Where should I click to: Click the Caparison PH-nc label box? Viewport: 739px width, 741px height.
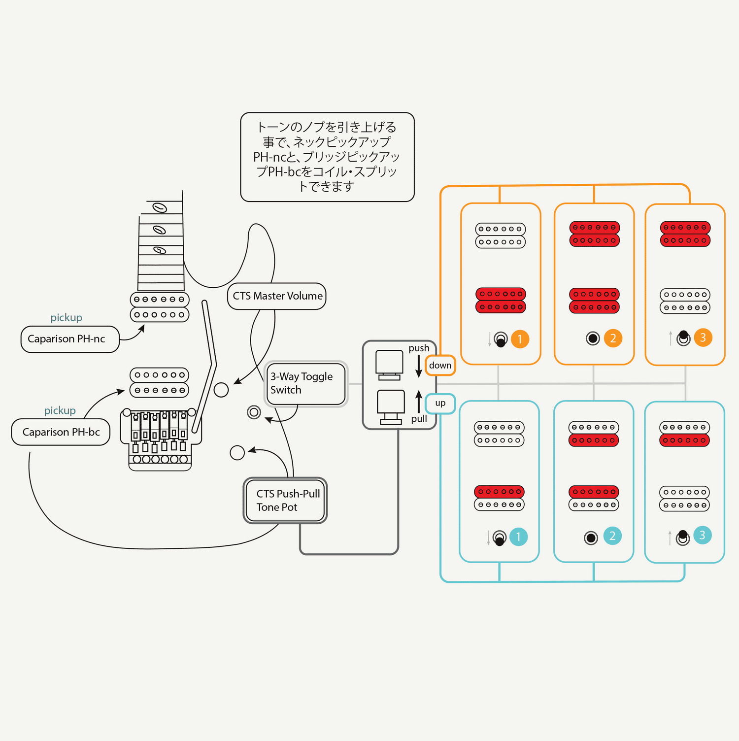70,339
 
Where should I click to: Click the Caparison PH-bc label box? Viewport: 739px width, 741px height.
61,432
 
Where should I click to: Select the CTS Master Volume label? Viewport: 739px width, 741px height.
277,296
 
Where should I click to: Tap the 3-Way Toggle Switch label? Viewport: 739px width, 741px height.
305,383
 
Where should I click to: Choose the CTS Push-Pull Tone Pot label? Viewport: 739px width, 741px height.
285,500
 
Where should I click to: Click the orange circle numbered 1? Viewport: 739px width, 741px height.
520,339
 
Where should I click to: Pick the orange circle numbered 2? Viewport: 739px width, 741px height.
613,338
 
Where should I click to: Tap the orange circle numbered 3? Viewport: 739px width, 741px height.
703,337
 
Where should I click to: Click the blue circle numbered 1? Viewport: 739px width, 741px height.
518,537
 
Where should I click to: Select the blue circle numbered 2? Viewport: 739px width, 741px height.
612,536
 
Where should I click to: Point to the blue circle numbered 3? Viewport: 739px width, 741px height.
703,535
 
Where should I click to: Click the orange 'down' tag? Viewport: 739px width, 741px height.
440,365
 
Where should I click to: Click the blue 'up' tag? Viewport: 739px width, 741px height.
440,403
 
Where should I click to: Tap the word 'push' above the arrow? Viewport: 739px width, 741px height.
419,348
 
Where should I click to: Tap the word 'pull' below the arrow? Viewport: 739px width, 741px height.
419,419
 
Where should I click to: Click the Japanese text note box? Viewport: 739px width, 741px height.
327,157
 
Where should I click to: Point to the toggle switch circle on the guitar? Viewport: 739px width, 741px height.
254,412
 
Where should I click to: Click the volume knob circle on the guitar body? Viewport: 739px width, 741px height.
221,390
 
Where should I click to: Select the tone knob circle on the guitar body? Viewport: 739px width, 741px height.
237,452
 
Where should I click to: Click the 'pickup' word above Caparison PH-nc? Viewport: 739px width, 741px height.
66,317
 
